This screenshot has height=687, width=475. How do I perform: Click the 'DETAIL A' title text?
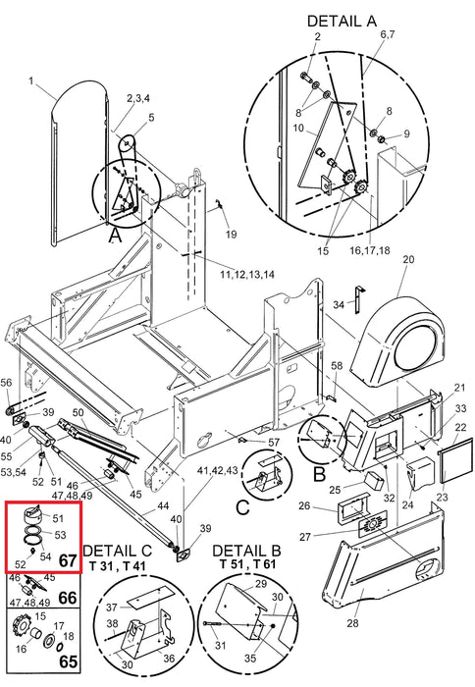[x=342, y=21]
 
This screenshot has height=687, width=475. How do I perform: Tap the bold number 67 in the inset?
[x=68, y=560]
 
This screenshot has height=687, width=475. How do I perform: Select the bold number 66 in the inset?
[x=68, y=598]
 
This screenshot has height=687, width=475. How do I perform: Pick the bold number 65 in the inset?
[x=68, y=661]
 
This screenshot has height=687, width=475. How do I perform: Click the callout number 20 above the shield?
[x=408, y=259]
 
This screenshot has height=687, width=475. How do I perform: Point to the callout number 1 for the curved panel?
[x=31, y=81]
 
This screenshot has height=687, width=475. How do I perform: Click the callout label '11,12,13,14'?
[x=247, y=274]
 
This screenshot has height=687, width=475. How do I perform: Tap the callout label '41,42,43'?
[x=218, y=470]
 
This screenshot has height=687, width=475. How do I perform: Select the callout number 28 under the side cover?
[x=352, y=623]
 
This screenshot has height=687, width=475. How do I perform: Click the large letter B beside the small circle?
[x=320, y=474]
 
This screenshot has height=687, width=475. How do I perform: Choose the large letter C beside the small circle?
[x=242, y=507]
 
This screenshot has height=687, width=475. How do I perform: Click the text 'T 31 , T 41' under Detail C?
[x=117, y=566]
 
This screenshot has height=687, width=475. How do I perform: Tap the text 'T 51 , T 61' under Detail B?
[x=247, y=564]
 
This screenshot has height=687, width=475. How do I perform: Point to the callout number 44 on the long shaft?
[x=163, y=506]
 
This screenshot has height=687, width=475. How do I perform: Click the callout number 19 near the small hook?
[x=232, y=234]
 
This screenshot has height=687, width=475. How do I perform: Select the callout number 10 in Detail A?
[x=298, y=128]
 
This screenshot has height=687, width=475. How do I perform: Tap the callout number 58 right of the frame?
[x=337, y=365]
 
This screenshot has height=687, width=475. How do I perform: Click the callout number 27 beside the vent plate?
[x=305, y=536]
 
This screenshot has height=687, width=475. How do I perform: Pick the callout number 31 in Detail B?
[x=221, y=645]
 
